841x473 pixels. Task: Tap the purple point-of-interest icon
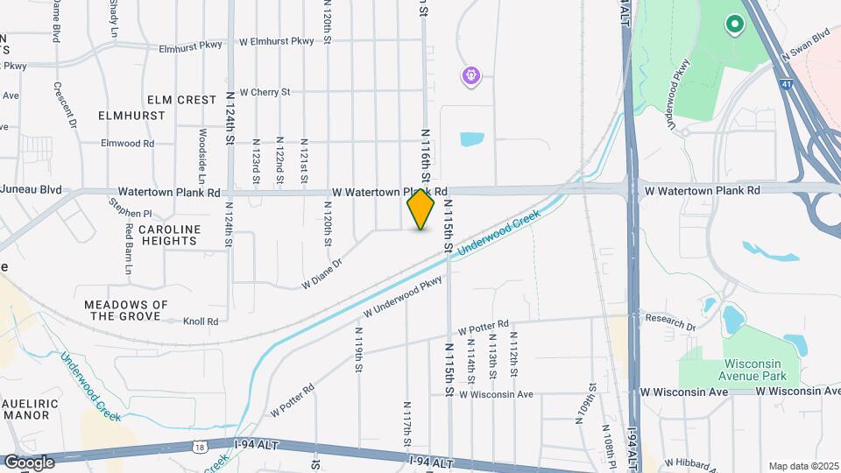pos(471,76)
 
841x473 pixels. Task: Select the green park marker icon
pos(734,25)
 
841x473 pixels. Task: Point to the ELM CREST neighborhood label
pos(181,100)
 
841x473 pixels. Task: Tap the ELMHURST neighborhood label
pos(131,116)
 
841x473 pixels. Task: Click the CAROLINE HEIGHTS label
pos(170,235)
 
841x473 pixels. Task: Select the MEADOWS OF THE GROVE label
pos(126,310)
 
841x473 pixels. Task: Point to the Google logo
pos(29,462)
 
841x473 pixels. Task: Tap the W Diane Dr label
pos(322,272)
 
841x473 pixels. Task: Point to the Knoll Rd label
pos(201,321)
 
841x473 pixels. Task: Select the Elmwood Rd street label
pos(127,143)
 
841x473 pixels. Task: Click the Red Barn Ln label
pos(127,247)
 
